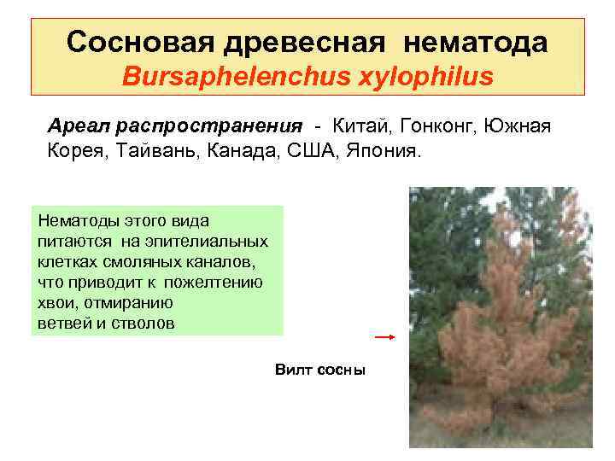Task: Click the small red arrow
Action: pos(384,337)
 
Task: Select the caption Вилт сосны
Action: pos(320,370)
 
